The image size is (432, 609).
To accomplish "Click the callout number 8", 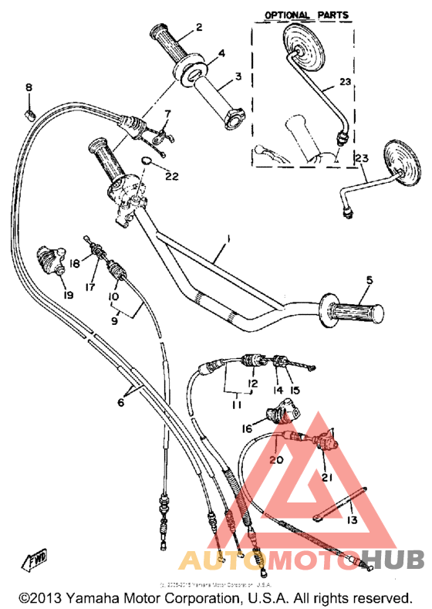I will coord(29,88).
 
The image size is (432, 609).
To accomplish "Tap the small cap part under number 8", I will coord(29,114).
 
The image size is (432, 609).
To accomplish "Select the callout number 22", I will coord(171,176).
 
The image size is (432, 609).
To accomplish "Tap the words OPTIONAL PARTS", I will coord(307,15).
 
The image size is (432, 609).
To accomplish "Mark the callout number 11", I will coord(235,404).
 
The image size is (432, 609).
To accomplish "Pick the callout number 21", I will coord(326,477).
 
